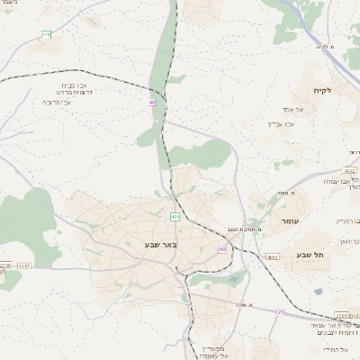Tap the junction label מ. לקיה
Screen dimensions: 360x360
click(x=325, y=46)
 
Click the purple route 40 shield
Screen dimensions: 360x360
click(x=152, y=103)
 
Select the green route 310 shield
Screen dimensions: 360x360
click(x=46, y=34)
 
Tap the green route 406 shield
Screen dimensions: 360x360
click(x=175, y=217)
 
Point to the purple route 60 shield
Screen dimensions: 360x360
click(x=221, y=249)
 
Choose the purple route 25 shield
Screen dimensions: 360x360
click(x=281, y=312)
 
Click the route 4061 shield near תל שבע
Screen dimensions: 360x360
click(x=272, y=256)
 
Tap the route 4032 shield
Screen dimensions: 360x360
click(x=350, y=170)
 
